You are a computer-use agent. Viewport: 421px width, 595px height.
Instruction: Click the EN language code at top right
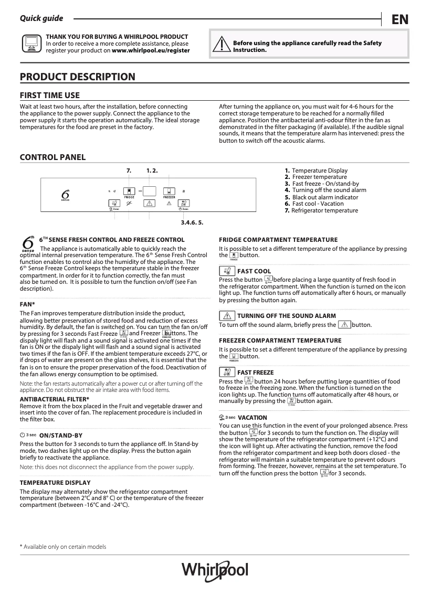400,19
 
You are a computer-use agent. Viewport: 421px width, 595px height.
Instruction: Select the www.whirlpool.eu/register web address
151,51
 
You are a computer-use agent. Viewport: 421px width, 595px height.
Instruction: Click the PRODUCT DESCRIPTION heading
77,77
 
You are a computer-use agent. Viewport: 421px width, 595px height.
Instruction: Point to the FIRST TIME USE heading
49,95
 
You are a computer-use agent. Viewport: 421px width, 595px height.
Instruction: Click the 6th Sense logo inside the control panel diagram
66,195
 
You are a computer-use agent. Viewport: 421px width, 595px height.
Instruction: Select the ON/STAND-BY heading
60,435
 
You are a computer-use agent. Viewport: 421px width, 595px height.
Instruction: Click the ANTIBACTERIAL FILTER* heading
54,399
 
